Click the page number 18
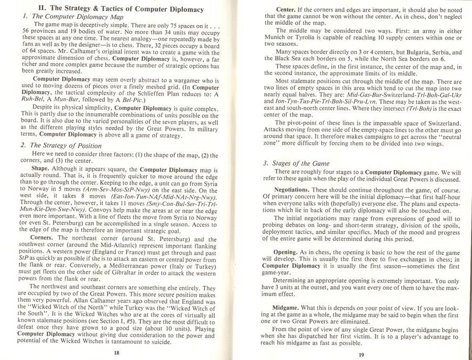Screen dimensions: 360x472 [116, 353]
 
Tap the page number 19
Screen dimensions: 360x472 [361, 354]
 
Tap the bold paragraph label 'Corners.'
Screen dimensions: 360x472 [44, 237]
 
